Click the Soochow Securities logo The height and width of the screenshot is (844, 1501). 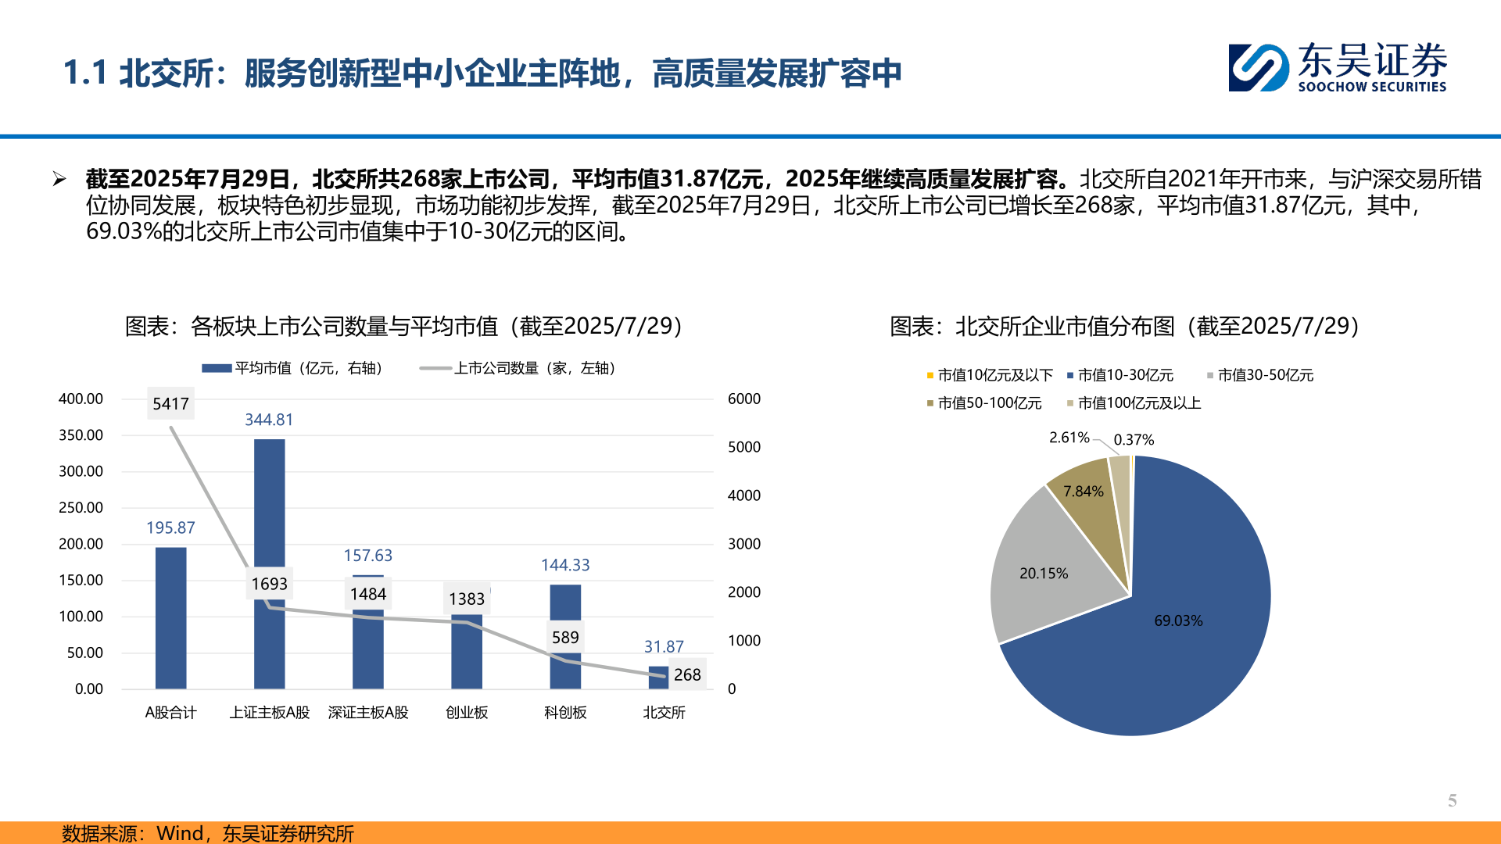(x=1337, y=68)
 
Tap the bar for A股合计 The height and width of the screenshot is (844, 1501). (x=170, y=617)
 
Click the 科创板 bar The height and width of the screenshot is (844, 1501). (x=565, y=664)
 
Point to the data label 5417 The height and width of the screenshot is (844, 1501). (x=170, y=404)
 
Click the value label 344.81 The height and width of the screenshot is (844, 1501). (x=269, y=420)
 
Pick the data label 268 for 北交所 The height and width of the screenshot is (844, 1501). (x=687, y=674)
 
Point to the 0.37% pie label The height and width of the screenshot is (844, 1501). (x=1134, y=440)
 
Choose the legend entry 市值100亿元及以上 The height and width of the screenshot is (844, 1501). (x=1138, y=403)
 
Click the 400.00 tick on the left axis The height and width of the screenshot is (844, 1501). (x=81, y=399)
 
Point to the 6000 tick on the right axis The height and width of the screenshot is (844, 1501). (x=743, y=399)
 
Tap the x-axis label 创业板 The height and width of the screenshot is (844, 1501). (x=467, y=713)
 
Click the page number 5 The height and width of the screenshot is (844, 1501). (x=1452, y=800)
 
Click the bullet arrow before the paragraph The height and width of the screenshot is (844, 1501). (x=59, y=180)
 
